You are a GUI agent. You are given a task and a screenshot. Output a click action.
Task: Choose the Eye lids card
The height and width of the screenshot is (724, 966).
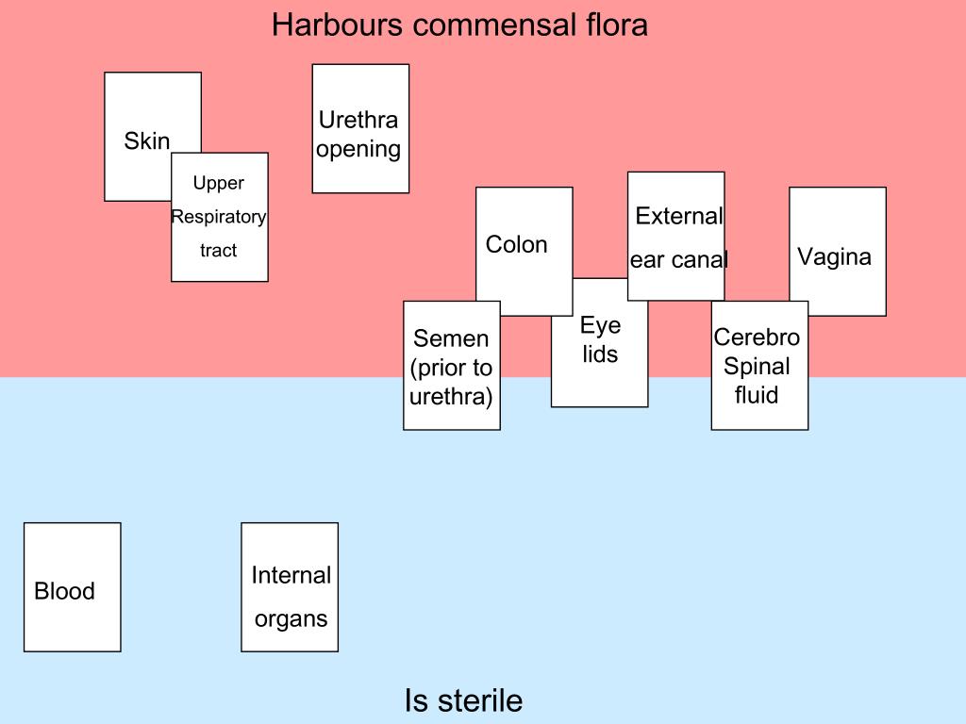[600, 368]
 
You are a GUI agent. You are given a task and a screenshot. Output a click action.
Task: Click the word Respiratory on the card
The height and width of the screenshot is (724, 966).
[219, 217]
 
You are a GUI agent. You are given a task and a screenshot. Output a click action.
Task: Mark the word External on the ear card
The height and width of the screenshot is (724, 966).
[679, 216]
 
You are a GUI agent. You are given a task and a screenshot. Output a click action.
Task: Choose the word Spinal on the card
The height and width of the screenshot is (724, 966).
[758, 366]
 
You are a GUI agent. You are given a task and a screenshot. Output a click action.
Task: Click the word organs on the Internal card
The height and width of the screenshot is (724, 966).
[291, 619]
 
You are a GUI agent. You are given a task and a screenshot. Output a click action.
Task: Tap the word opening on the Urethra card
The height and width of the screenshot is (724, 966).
[358, 149]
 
